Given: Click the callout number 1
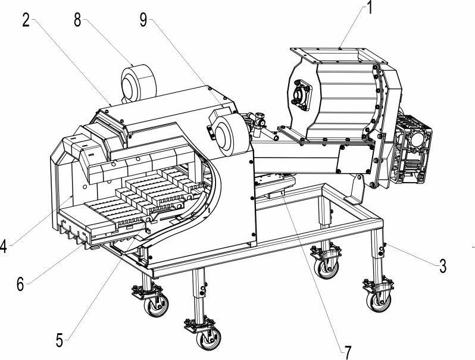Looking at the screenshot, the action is tap(369, 8).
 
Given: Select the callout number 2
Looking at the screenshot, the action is tap(26, 21).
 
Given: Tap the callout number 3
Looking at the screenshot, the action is tap(443, 266).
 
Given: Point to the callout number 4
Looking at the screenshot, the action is tap(3, 246).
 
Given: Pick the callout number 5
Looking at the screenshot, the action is tap(60, 340).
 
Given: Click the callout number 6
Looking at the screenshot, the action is tap(20, 284).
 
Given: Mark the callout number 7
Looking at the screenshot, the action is tap(348, 352).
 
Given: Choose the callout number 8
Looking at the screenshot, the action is tap(77, 21).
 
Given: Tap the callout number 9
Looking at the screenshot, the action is tap(143, 20).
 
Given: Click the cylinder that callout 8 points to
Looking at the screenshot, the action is tap(138, 83).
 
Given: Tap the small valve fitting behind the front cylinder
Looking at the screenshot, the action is tap(258, 121).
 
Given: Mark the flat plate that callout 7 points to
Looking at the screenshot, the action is tap(276, 184).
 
